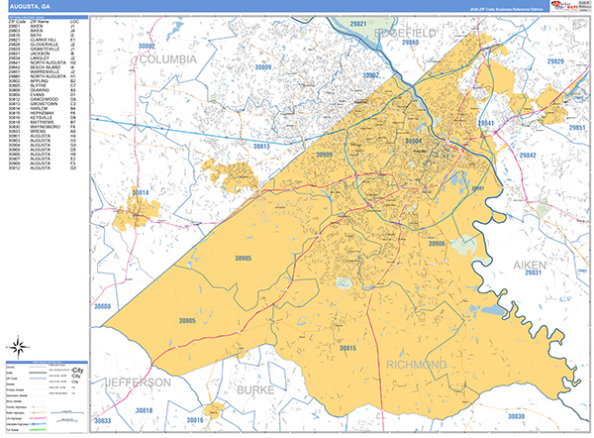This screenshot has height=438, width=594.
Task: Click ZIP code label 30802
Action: click(148, 47)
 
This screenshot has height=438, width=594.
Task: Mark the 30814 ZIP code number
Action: click(145, 191)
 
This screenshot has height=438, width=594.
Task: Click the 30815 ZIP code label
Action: click(347, 349)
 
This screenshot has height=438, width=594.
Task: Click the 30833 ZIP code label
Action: click(103, 421)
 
